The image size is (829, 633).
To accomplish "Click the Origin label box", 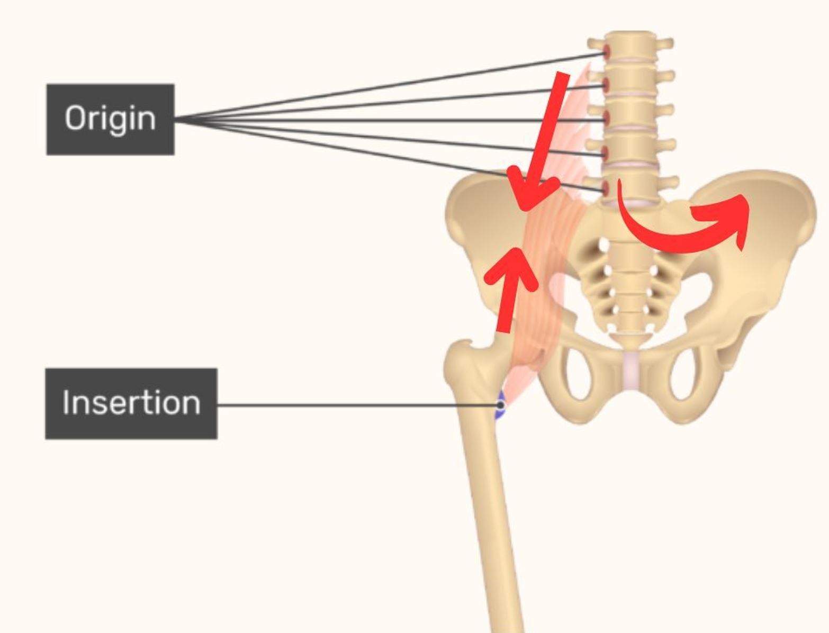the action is (110, 119).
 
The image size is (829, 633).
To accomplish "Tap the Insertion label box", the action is (131, 403).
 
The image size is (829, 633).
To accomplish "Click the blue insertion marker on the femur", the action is (499, 406).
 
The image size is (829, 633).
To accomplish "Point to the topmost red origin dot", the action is (607, 52).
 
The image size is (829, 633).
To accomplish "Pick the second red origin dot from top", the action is (607, 85).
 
